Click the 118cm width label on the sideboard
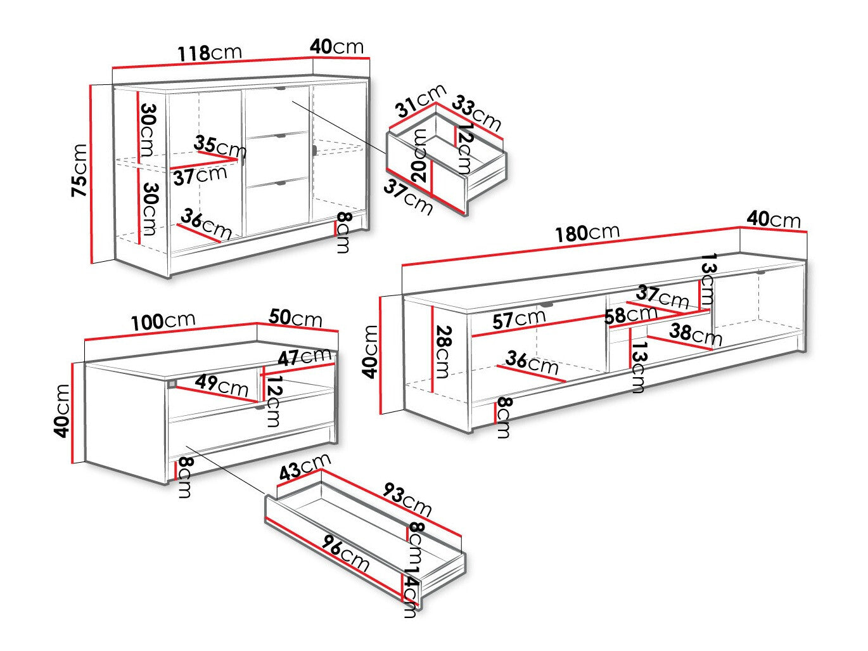click(208, 53)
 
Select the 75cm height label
click(80, 171)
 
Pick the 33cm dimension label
click(477, 113)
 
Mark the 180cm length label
click(587, 233)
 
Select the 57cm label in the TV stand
click(519, 319)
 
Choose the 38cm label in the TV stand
click(696, 334)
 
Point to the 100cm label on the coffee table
click(163, 321)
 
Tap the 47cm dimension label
click(305, 358)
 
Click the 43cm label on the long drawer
click(305, 467)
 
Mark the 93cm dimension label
click(407, 500)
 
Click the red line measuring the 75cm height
click(93, 174)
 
